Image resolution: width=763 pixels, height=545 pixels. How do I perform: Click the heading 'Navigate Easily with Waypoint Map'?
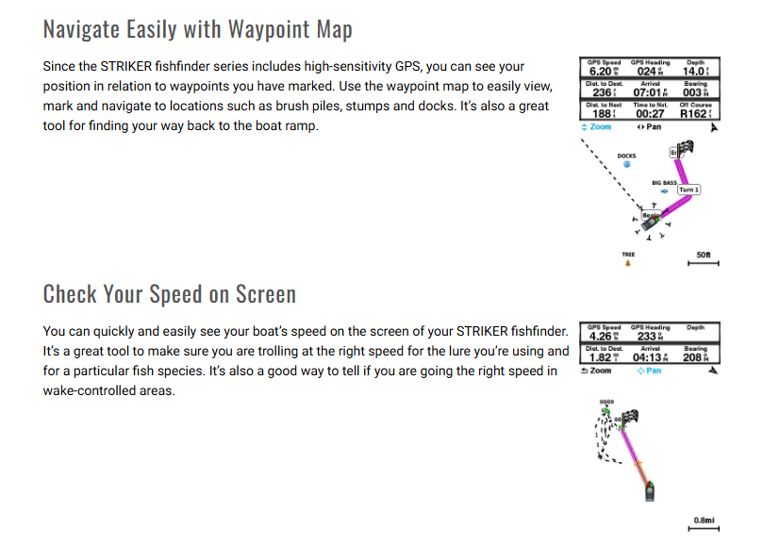[197, 29]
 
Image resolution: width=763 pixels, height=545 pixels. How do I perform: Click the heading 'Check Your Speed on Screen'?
[170, 294]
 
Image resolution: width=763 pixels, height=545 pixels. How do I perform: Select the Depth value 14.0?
[694, 72]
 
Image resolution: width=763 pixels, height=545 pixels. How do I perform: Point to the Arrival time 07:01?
[648, 92]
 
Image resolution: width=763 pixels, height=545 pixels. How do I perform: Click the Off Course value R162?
[694, 113]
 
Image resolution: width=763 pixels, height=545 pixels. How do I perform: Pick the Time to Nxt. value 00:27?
[648, 113]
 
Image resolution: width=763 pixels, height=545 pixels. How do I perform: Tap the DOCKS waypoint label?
[626, 156]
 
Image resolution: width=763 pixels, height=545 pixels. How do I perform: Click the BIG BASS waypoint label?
[664, 182]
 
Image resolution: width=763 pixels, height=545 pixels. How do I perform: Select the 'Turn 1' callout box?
[688, 190]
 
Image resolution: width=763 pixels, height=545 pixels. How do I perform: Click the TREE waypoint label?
[628, 255]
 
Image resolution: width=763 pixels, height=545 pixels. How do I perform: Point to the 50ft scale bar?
[704, 259]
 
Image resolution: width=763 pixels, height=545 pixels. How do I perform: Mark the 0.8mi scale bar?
[704, 525]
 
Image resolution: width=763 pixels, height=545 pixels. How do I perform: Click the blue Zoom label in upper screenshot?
[598, 126]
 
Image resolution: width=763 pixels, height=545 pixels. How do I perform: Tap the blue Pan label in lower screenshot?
[650, 371]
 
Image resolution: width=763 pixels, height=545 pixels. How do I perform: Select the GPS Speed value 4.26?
[600, 337]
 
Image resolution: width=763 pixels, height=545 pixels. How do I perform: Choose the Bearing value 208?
[693, 358]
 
